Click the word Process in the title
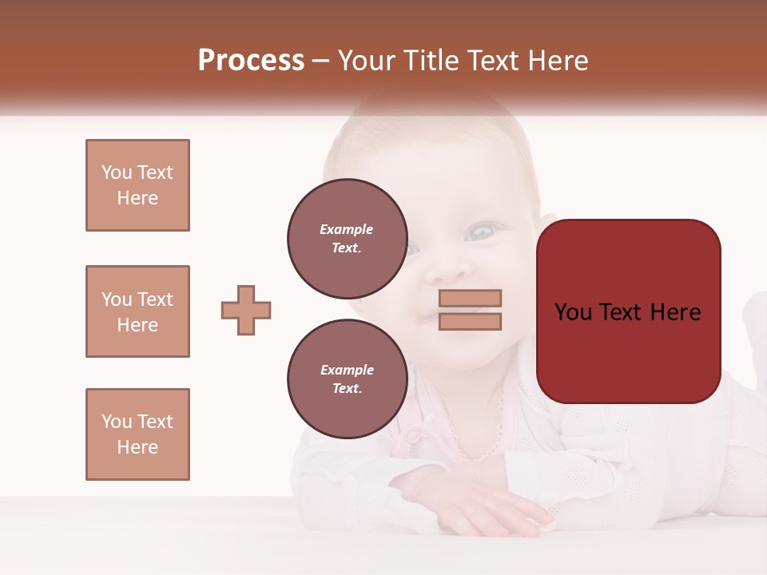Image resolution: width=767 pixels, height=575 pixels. (251, 61)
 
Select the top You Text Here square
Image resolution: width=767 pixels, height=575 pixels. (137, 185)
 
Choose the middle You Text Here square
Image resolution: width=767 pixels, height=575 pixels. (137, 311)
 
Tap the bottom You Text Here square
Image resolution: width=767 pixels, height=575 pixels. (137, 434)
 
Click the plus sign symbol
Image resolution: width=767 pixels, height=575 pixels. (246, 310)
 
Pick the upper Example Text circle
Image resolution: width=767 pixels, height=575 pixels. (347, 238)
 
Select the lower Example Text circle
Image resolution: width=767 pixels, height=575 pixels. (347, 379)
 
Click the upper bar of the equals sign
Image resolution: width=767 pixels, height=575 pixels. (470, 298)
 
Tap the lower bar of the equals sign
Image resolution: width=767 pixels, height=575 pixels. (470, 321)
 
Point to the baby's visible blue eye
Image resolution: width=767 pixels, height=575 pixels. (481, 232)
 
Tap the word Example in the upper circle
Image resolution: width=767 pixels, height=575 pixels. (347, 229)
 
